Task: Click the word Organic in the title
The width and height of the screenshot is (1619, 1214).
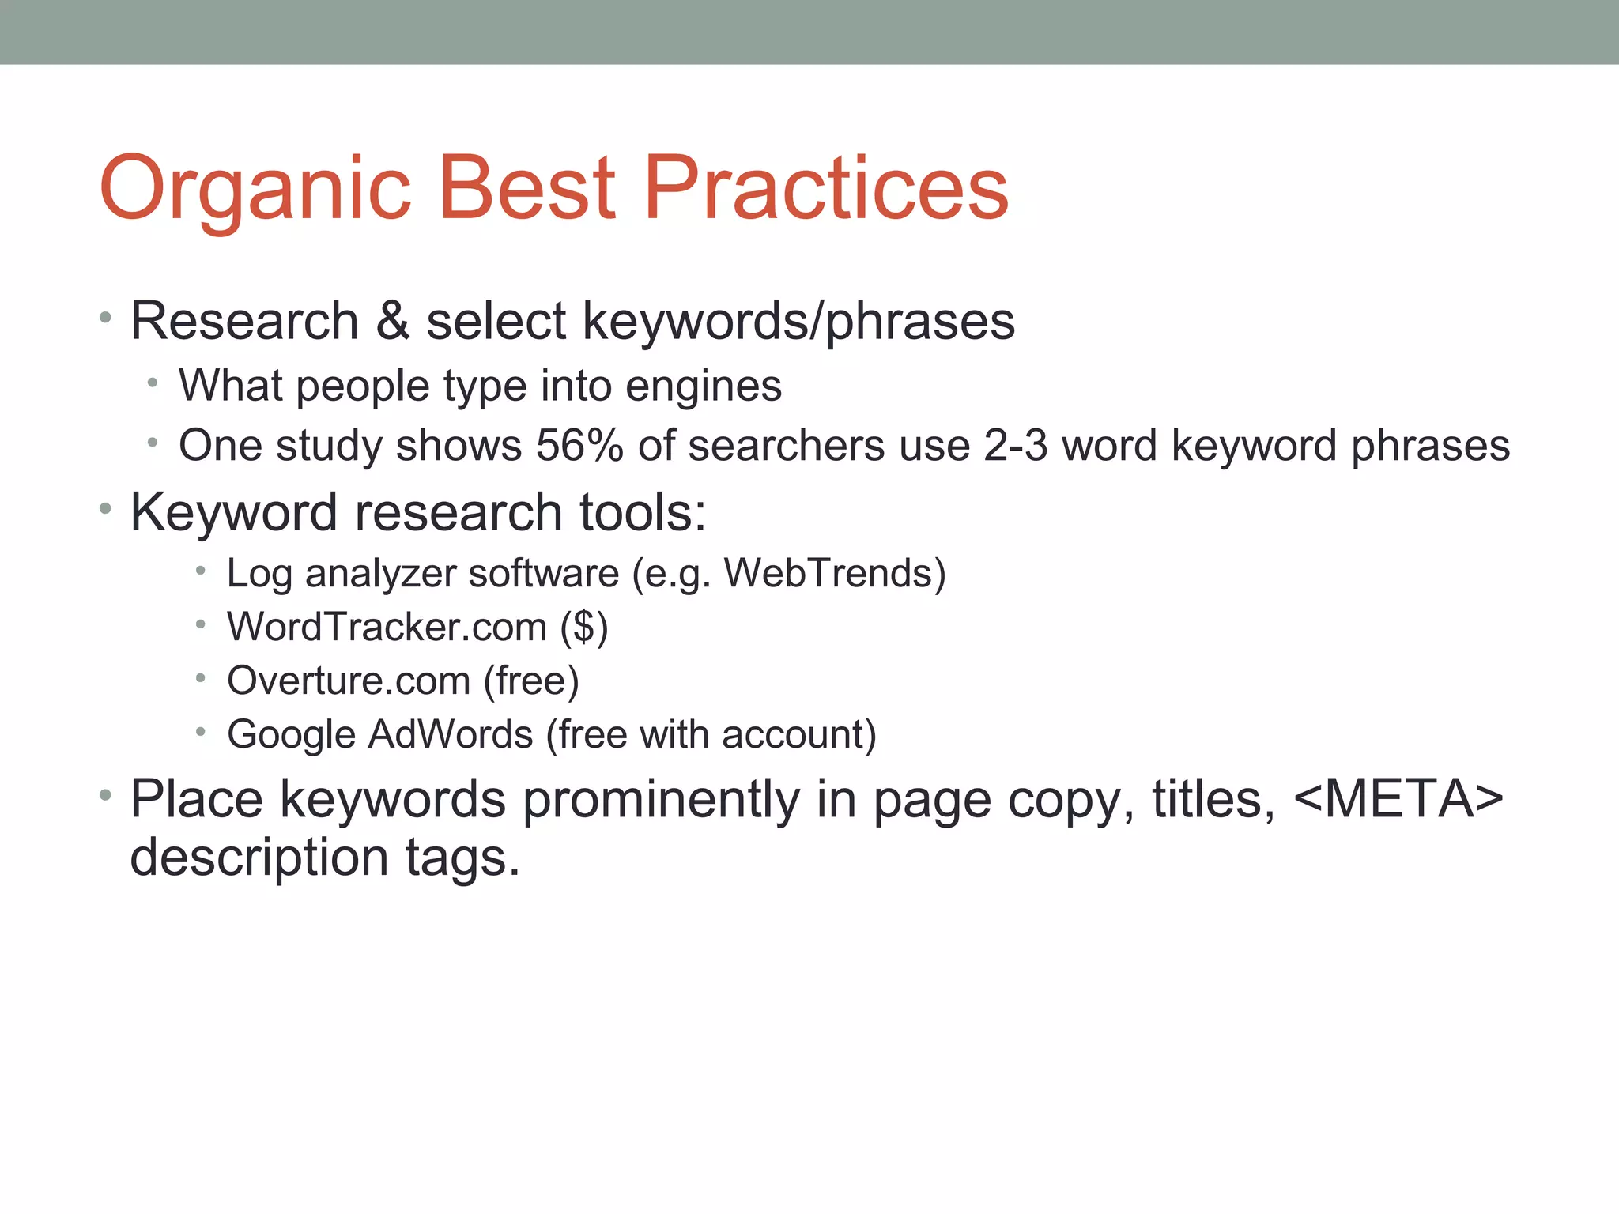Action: coord(255,190)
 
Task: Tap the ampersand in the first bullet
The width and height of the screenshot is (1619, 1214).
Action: coord(392,321)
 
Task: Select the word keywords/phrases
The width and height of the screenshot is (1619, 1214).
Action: coord(798,322)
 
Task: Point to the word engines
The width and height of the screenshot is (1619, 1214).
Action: coord(703,387)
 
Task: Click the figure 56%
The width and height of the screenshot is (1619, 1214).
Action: coord(579,445)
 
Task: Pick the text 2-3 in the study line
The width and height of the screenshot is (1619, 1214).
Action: coord(1015,445)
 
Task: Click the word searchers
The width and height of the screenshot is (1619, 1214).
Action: coord(786,445)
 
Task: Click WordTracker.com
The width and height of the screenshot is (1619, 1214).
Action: coord(387,627)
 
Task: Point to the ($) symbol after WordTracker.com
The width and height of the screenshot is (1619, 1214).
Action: coord(584,628)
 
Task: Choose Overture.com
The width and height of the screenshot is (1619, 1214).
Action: coord(349,681)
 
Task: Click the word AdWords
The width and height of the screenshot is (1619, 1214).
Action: coord(451,734)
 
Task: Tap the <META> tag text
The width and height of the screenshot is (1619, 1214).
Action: coord(1398,799)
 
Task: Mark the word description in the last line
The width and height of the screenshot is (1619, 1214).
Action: coord(259,858)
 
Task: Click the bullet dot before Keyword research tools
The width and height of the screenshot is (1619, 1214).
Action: coord(105,510)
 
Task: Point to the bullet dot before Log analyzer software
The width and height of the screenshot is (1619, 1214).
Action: coord(201,571)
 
